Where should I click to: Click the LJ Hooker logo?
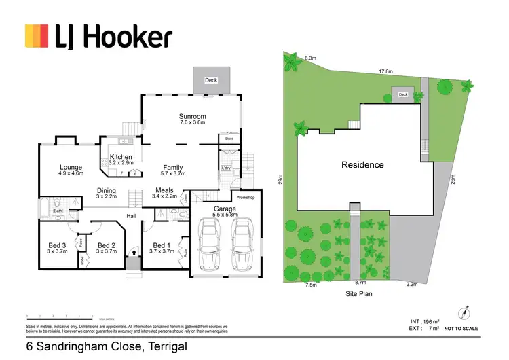coord(98,37)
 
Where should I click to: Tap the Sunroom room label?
coord(192,116)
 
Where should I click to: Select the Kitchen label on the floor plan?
coord(121,157)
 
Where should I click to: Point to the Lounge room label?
coord(71,167)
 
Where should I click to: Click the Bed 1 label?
coord(161,245)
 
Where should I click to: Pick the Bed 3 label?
coord(56,245)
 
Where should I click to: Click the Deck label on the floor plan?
coord(211,80)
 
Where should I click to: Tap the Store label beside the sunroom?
coord(227,139)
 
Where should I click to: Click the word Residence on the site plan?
coord(362,165)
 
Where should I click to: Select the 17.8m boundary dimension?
coord(386,71)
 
